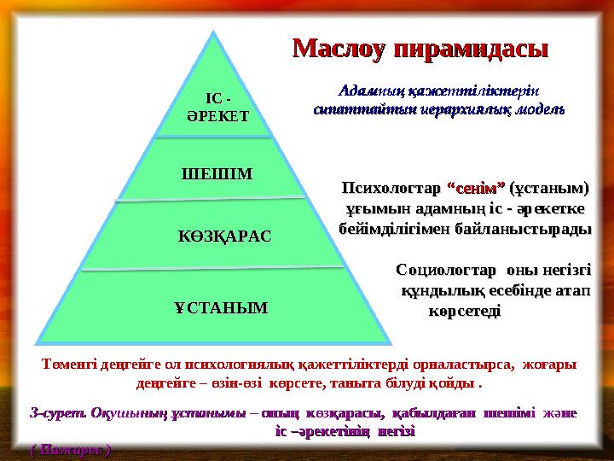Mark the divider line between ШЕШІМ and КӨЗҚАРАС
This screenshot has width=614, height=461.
coord(217,201)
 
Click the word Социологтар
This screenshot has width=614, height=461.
coord(445,271)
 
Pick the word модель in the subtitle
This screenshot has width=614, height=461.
coord(538,110)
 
